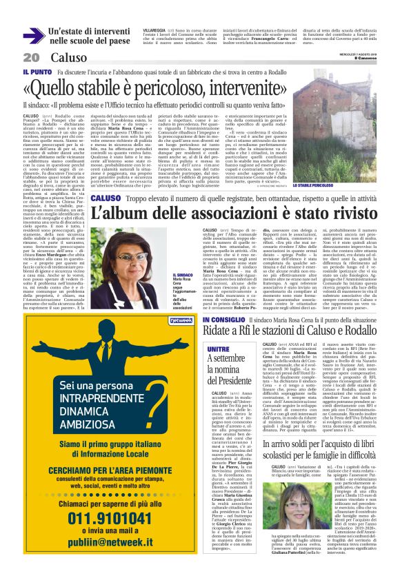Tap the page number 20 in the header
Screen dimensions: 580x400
pos(31,57)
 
